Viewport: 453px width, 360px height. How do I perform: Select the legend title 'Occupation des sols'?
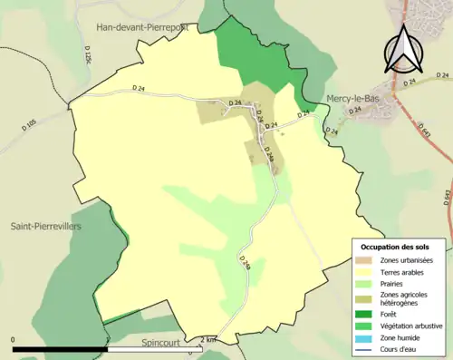click(x=395, y=247)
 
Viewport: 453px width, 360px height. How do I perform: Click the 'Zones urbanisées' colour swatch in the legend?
click(x=363, y=259)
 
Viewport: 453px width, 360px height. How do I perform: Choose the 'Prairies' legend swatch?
click(x=363, y=283)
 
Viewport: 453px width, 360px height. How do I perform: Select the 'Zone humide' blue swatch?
click(x=363, y=336)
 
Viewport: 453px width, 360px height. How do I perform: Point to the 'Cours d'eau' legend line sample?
click(x=363, y=348)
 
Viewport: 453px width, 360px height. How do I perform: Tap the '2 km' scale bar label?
click(x=209, y=340)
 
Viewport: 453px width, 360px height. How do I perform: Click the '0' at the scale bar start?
click(x=14, y=340)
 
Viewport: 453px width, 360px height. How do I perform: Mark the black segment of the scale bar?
click(x=60, y=349)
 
